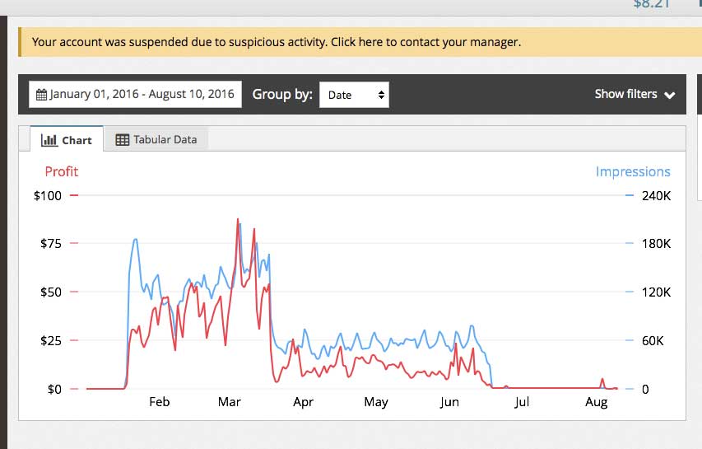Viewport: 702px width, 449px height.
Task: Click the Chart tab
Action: coord(67,140)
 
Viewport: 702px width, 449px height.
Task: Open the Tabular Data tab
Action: coord(156,140)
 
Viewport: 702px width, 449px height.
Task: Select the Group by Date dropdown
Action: coord(354,95)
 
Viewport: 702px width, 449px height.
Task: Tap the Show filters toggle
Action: coord(635,95)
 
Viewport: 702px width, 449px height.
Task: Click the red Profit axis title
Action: coord(62,171)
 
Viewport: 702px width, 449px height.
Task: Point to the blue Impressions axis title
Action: coord(633,171)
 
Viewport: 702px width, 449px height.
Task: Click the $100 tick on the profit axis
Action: coord(47,195)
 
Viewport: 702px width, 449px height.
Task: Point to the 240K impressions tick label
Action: coord(656,196)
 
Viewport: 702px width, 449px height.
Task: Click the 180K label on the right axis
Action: coord(656,244)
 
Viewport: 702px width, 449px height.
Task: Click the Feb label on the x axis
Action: coord(159,402)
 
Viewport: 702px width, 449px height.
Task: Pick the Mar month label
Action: coord(229,402)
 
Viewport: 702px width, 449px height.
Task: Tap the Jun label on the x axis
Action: coord(449,402)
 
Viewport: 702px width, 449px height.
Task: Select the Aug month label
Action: coord(596,402)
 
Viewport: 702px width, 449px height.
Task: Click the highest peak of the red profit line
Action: coord(238,220)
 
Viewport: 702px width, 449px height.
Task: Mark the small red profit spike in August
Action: coord(602,380)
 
